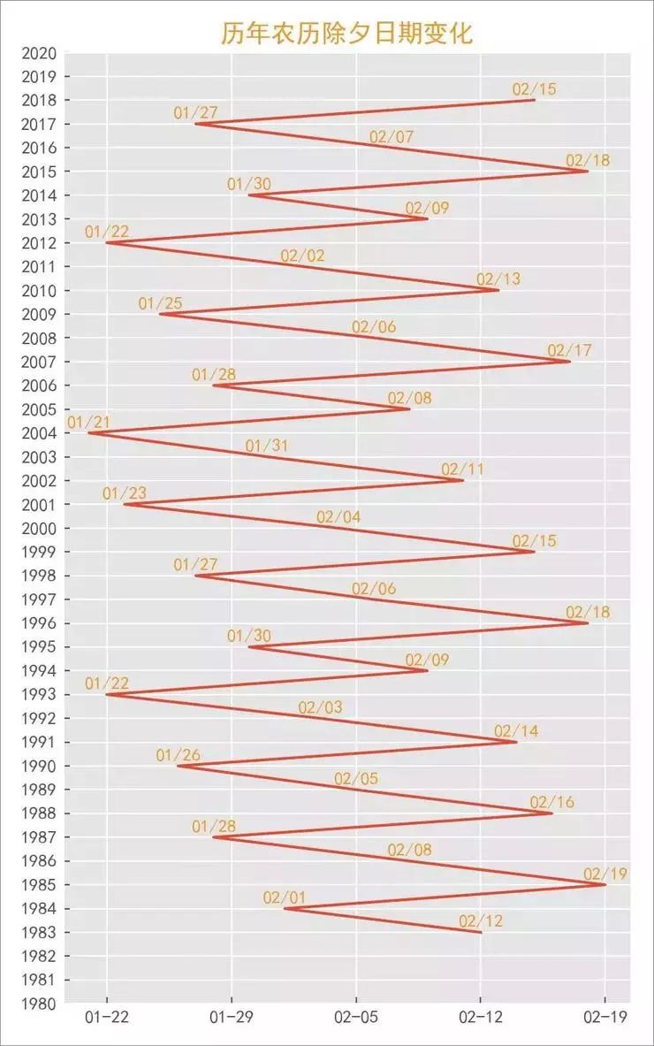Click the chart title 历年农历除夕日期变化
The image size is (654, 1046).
(x=346, y=34)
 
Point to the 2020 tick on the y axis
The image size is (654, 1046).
(x=41, y=53)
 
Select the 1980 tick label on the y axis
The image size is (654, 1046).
(x=41, y=1004)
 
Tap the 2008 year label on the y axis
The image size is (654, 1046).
(x=41, y=338)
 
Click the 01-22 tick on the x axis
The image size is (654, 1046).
(x=108, y=1018)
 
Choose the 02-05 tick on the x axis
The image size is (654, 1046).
(x=356, y=1018)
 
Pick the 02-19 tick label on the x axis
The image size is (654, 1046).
(x=605, y=1018)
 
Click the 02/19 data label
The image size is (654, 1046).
(x=605, y=874)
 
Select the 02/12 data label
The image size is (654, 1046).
(x=481, y=921)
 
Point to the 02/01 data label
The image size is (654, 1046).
(x=285, y=898)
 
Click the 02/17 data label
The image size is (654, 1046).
(x=570, y=351)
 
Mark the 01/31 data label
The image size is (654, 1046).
(x=267, y=446)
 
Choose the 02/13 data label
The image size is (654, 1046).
(x=498, y=279)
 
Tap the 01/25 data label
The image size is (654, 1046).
(x=160, y=304)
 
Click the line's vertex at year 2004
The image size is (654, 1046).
(x=89, y=433)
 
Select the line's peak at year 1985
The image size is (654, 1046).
(x=605, y=884)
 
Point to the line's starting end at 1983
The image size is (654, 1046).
(x=481, y=932)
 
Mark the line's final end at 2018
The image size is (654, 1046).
(x=535, y=100)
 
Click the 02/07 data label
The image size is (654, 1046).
(x=392, y=137)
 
